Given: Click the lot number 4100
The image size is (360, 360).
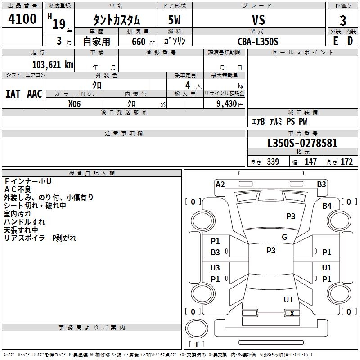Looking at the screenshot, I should pos(22,19).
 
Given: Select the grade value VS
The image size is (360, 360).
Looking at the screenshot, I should pos(259,20).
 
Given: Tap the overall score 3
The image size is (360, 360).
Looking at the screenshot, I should pos(343,21).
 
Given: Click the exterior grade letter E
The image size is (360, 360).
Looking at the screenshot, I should pos(335,41).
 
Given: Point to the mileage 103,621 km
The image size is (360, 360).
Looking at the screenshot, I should pos(53,65).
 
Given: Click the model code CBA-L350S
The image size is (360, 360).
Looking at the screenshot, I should pos(258,41).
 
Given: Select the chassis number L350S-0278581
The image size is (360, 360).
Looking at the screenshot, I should pos(302,144).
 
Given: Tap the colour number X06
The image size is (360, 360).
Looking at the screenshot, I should pos(74,103).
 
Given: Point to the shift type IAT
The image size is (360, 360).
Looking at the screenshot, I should pos(13,94).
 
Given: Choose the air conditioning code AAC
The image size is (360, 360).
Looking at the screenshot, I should pos(35,94).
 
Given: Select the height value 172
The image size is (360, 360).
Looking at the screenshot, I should pos(346,162).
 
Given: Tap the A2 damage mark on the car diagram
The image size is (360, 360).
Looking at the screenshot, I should pos(220,184).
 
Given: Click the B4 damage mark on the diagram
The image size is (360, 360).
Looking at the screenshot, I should pos(327,206).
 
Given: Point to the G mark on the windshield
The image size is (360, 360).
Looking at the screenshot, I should pos(284,237).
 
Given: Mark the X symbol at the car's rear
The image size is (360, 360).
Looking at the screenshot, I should pos(292,314).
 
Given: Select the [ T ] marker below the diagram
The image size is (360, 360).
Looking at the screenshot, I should pos(197,344).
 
